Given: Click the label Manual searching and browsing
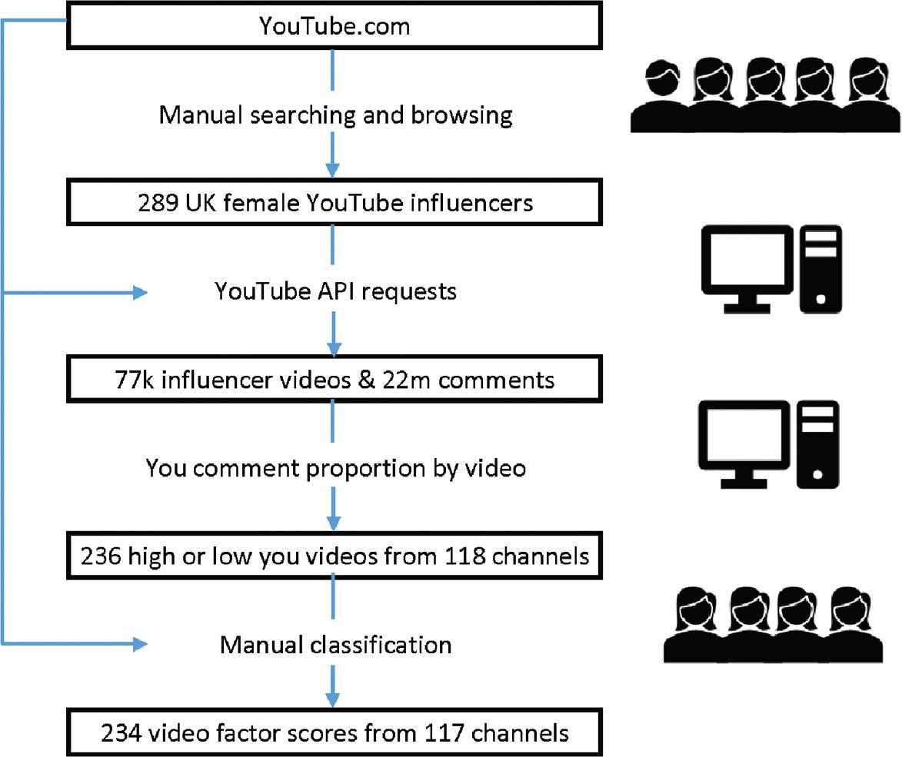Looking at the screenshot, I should (335, 115).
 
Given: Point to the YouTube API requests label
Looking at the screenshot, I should (336, 292).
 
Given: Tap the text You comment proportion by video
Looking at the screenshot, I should (336, 468).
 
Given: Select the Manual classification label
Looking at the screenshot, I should (336, 644).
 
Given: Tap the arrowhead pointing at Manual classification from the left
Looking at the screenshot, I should (139, 643).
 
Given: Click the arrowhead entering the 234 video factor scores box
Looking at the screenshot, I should (333, 699).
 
